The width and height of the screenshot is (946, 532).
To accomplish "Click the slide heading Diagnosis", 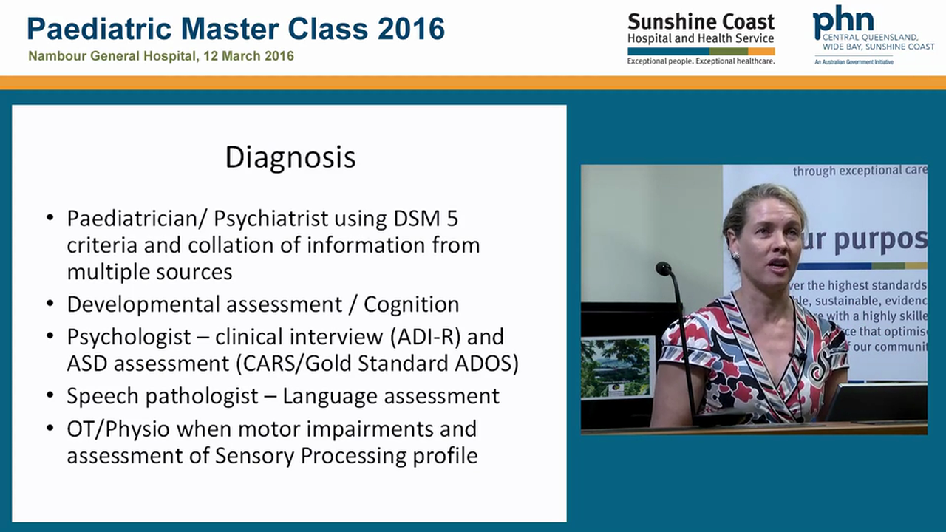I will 290,157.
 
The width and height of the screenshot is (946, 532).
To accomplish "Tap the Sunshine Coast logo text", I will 701,21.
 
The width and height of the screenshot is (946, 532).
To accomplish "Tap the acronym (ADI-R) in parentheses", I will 425,336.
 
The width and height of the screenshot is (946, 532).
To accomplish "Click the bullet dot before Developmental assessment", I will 50,304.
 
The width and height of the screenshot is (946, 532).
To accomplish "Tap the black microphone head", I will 663,268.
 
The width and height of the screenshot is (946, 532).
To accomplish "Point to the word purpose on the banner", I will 879,239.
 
